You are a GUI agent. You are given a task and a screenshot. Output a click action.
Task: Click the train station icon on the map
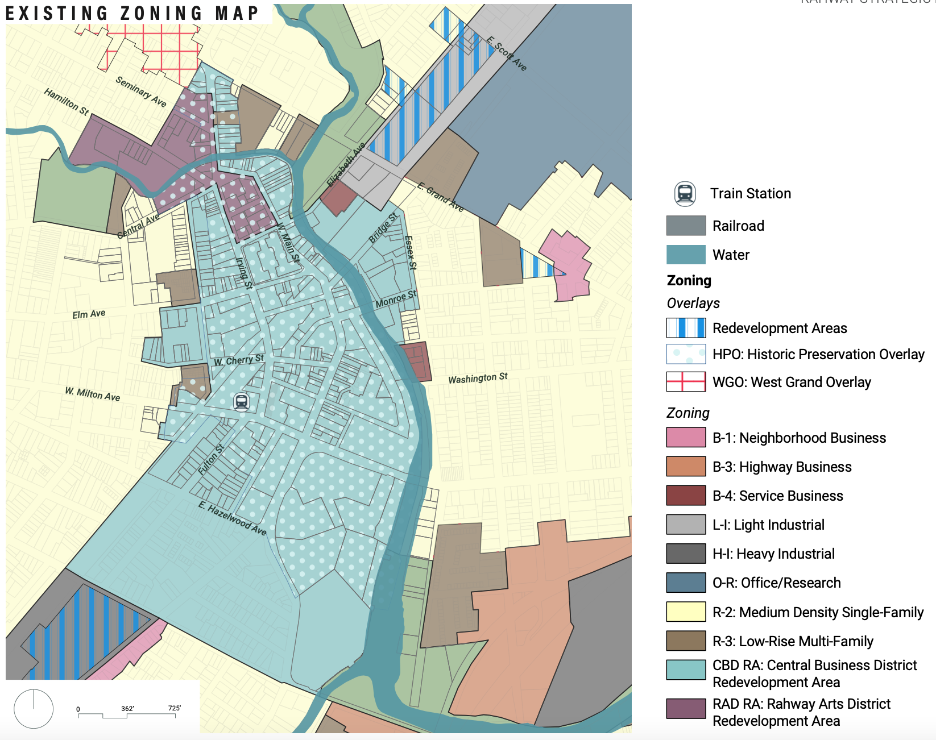point(242,402)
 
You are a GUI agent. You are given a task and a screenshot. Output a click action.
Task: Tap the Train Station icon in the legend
point(685,194)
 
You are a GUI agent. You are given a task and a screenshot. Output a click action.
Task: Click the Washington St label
point(478,379)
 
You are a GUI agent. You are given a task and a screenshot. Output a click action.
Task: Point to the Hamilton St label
point(67,102)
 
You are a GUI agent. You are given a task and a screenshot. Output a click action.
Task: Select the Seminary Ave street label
point(141,92)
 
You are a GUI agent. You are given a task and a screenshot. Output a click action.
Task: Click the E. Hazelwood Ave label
point(232,518)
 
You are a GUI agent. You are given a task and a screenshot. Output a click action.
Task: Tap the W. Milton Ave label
point(92,394)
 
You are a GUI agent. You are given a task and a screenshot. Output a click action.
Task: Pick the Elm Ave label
point(89,314)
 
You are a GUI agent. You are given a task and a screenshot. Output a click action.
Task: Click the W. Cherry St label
point(239,360)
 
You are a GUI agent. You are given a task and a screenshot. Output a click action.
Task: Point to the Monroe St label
point(396,299)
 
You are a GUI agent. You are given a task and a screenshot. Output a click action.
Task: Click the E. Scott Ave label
point(507,53)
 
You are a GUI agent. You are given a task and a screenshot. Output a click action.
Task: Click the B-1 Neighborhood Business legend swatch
point(686,438)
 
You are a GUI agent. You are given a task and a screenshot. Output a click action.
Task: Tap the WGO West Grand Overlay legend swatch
point(686,382)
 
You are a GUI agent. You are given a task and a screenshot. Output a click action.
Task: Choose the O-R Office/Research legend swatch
point(686,583)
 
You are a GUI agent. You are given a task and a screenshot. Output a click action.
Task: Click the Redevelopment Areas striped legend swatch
point(686,328)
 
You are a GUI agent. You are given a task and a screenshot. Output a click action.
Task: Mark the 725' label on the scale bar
point(174,708)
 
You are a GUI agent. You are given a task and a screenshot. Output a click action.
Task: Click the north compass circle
point(34,709)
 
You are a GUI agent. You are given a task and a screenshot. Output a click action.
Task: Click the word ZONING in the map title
point(161,13)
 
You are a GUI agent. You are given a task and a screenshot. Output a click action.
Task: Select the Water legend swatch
point(686,255)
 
